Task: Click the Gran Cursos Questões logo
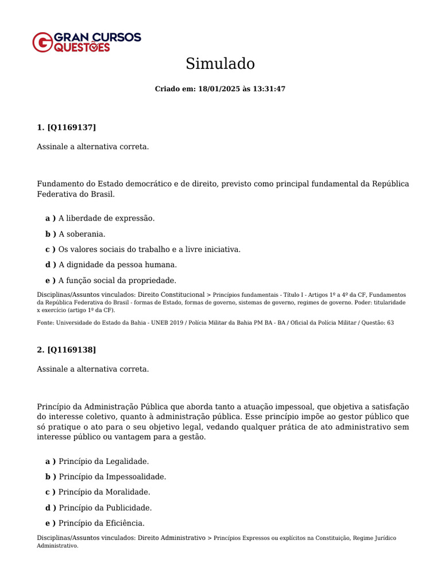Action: pyautogui.click(x=86, y=42)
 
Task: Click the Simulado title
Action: pyautogui.click(x=220, y=64)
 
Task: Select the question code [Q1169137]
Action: pyautogui.click(x=72, y=127)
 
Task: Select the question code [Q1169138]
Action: pyautogui.click(x=72, y=349)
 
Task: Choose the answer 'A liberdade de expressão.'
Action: pyautogui.click(x=106, y=218)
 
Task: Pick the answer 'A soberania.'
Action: pyautogui.click(x=82, y=234)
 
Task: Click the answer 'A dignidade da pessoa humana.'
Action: pyautogui.click(x=118, y=265)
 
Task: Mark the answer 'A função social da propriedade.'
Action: pyautogui.click(x=117, y=280)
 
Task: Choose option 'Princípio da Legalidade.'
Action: pyautogui.click(x=103, y=461)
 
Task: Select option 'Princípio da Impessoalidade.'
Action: pyautogui.click(x=112, y=477)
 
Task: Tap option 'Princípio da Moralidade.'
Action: pyautogui.click(x=105, y=492)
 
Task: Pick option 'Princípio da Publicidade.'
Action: pyautogui.click(x=105, y=508)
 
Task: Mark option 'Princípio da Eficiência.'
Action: pyautogui.click(x=102, y=523)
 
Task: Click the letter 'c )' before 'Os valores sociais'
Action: pyautogui.click(x=51, y=249)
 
